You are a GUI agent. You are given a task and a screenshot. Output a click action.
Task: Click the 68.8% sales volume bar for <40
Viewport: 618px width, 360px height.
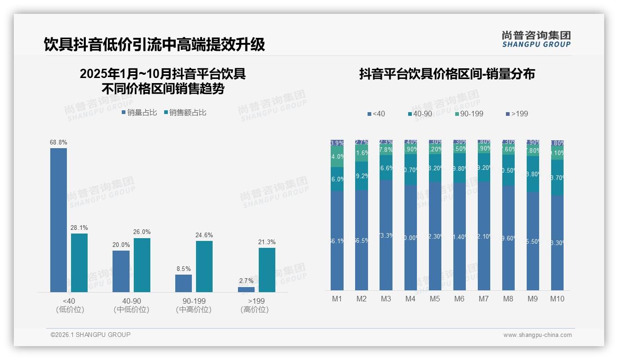[59, 220]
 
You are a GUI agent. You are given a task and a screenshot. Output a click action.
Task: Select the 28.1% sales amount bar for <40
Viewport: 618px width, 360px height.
[79, 263]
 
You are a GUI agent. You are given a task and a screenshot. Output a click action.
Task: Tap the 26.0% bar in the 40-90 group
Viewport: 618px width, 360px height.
[142, 265]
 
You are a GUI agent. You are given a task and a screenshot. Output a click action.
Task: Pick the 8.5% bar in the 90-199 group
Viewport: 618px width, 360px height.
[184, 283]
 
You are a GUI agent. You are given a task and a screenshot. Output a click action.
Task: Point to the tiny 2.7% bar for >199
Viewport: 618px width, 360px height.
[246, 289]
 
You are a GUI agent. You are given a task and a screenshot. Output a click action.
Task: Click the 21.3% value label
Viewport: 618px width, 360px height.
[267, 242]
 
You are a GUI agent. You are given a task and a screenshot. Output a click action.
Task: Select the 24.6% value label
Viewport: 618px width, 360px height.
[204, 235]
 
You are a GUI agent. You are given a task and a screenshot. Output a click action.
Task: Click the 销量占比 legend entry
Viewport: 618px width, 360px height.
[139, 113]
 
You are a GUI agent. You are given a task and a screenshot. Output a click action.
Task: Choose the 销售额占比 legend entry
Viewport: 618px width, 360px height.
[185, 113]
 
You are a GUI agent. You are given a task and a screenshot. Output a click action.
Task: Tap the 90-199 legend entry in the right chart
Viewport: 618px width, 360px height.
[469, 114]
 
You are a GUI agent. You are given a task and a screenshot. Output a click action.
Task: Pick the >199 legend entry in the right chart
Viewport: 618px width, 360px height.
[517, 114]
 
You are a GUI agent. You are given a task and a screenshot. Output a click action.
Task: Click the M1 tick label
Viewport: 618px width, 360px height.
[337, 299]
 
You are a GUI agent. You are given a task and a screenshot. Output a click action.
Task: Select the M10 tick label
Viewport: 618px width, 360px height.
[557, 299]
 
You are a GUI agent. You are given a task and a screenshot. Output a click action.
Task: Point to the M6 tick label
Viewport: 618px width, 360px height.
[459, 299]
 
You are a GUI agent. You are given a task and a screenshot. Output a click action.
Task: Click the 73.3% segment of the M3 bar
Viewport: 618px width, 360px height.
[386, 235]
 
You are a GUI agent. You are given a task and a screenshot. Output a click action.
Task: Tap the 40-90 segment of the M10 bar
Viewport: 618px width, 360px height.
[557, 178]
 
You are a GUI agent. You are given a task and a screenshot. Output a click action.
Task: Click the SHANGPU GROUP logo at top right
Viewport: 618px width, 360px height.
[536, 39]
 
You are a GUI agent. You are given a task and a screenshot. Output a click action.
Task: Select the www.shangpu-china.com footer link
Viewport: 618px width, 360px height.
[537, 335]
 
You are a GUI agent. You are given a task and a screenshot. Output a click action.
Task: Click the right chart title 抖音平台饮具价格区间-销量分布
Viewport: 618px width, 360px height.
[447, 74]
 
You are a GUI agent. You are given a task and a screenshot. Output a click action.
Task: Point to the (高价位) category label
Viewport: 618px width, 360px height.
[255, 310]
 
